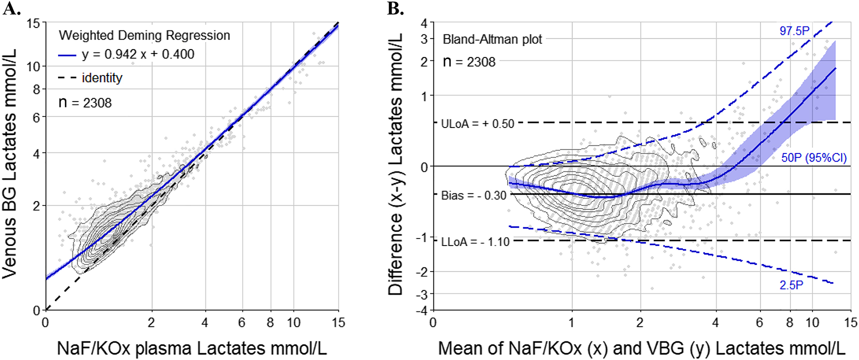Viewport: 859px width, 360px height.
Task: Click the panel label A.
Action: pos(11,8)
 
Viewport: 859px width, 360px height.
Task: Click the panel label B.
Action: pos(395,8)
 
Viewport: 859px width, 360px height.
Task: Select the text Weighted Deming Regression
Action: pos(144,35)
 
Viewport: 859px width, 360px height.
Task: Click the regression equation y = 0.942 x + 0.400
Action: pos(138,54)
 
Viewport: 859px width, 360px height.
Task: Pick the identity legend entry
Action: pos(102,78)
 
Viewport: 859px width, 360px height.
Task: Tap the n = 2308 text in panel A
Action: pos(85,102)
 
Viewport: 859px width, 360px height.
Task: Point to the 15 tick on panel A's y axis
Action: pos(33,23)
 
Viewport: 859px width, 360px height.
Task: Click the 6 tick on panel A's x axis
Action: pos(241,322)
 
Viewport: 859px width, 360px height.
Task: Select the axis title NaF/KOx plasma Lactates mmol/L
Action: pos(192,348)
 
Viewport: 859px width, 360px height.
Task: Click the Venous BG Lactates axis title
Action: pos(10,163)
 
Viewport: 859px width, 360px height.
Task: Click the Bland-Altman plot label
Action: pos(492,39)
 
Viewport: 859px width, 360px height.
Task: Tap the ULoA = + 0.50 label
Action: pos(477,123)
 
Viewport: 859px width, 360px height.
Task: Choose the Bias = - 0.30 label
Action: pos(473,195)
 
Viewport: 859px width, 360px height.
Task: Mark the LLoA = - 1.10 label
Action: pos(475,242)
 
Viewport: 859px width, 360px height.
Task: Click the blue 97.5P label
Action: pos(794,31)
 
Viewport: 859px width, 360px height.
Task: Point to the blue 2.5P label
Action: pos(791,285)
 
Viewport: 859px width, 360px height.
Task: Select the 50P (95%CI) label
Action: pos(813,158)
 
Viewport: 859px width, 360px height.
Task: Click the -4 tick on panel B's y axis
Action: pos(423,310)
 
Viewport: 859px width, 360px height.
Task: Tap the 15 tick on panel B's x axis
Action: pos(850,322)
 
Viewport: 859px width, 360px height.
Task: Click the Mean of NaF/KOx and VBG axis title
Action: pos(641,348)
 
